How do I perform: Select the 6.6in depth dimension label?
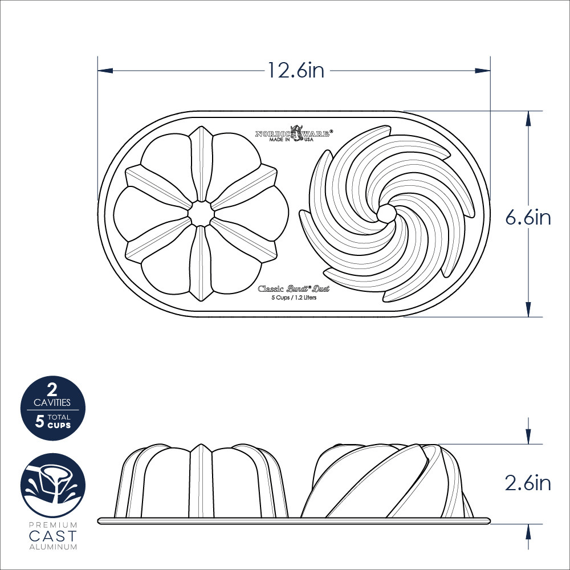pyautogui.click(x=528, y=217)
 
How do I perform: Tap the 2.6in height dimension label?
pyautogui.click(x=528, y=483)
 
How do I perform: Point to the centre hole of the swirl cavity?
pyautogui.click(x=386, y=213)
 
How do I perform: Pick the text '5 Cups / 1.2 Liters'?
pyautogui.click(x=294, y=298)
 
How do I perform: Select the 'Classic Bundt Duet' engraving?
pyautogui.click(x=294, y=288)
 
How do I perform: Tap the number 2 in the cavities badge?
pyautogui.click(x=52, y=390)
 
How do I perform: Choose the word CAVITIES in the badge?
pyautogui.click(x=52, y=402)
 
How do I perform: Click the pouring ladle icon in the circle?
pyautogui.click(x=52, y=483)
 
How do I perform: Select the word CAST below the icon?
pyautogui.click(x=52, y=536)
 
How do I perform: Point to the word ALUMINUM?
pyautogui.click(x=52, y=547)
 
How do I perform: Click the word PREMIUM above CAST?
pyautogui.click(x=52, y=524)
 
